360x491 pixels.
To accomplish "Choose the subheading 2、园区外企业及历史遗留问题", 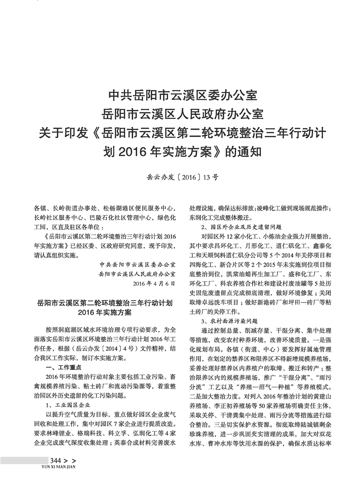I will pyautogui.click(x=241, y=227).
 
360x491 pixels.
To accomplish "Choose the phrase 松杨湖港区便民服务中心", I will pyautogui.click(x=138, y=208).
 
